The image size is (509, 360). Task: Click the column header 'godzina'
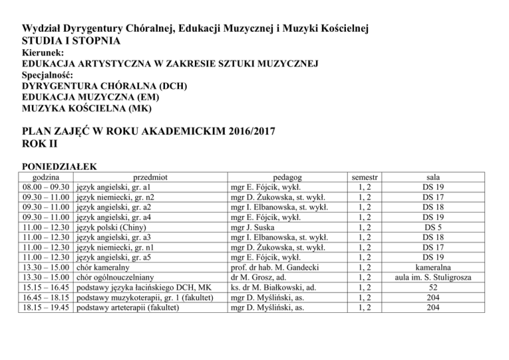coord(38,178)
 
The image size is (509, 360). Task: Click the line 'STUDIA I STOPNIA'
coord(72,41)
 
